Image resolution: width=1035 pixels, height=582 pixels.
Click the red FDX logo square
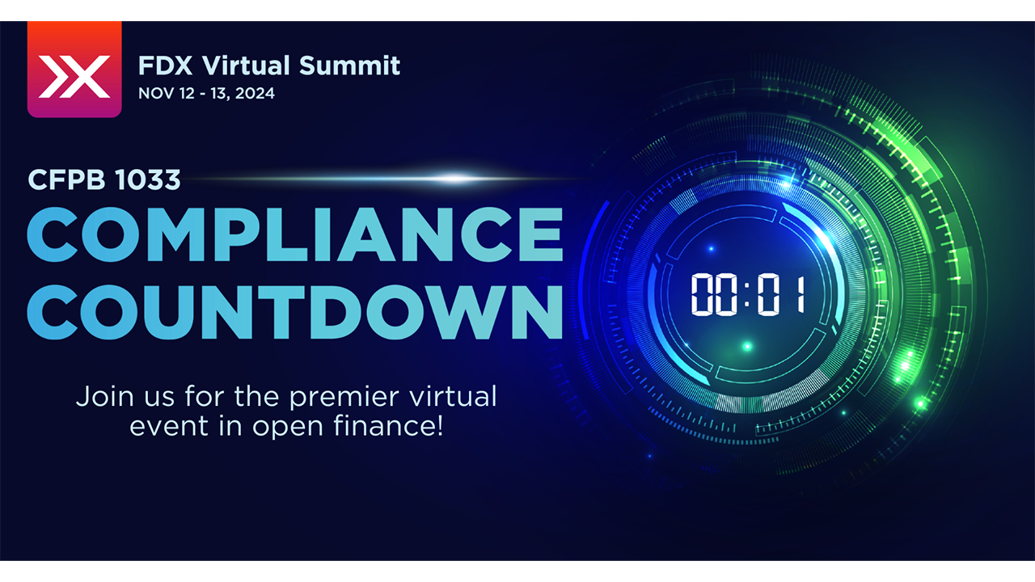coord(74,70)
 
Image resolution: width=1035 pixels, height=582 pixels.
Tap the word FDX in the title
coord(165,65)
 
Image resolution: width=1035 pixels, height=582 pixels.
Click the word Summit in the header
coord(349,65)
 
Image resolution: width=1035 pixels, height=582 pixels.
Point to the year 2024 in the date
coord(255,93)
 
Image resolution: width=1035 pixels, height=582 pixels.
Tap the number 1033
coord(147,179)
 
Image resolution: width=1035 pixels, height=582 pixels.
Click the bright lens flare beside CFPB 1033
coord(455,179)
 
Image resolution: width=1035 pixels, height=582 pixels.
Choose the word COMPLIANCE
coord(295,234)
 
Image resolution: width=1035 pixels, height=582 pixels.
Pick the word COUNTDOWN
coord(295,312)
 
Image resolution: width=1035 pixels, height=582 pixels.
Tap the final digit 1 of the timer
coord(801,294)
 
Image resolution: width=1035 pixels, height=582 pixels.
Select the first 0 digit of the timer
coord(702,294)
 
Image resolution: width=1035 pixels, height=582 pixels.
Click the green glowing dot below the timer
coord(747,347)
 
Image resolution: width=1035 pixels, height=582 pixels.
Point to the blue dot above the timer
coord(711,249)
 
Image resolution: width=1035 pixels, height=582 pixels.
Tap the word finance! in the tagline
coord(388,426)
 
